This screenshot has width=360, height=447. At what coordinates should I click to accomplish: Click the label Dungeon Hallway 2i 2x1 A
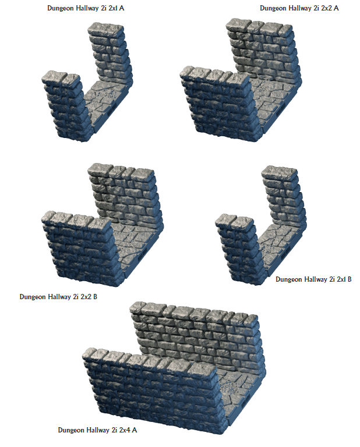(86, 8)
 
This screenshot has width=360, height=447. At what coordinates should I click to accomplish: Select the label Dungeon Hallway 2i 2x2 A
(299, 8)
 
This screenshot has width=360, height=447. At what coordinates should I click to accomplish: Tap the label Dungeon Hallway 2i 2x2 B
(58, 297)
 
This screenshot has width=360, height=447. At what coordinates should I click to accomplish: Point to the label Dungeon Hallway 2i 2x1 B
(313, 279)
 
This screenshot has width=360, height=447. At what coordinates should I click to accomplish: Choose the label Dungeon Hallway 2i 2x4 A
(97, 430)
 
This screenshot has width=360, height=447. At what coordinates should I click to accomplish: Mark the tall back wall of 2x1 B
(283, 197)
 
